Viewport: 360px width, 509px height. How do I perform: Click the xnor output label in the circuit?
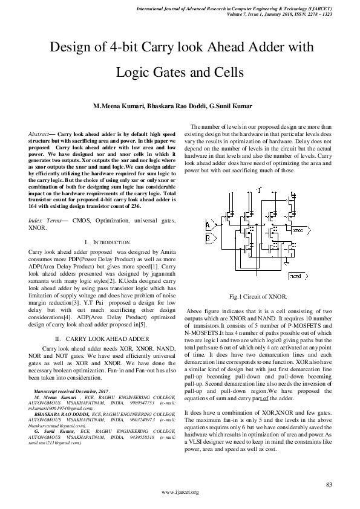(x=298, y=230)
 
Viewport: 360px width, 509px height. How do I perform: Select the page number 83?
(x=329, y=485)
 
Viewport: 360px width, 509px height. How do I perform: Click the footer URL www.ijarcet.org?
(x=180, y=493)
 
